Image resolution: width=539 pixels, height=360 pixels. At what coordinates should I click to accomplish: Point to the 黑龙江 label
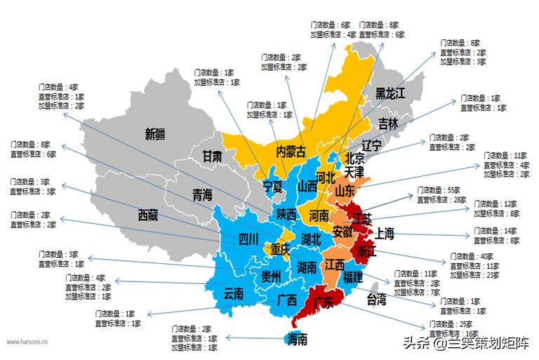point(390,93)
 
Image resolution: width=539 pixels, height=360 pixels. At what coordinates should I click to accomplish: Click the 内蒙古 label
point(291,151)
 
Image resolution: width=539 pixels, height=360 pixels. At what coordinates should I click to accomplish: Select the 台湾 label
point(377,300)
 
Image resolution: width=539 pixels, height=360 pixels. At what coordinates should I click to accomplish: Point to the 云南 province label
point(234,293)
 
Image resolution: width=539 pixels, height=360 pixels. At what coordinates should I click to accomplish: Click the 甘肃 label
point(213,156)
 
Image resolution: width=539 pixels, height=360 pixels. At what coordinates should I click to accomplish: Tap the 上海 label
point(385,233)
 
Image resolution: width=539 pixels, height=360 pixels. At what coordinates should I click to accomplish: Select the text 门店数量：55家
point(439,190)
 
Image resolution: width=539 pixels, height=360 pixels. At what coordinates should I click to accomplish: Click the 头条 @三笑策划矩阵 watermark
point(463,342)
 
